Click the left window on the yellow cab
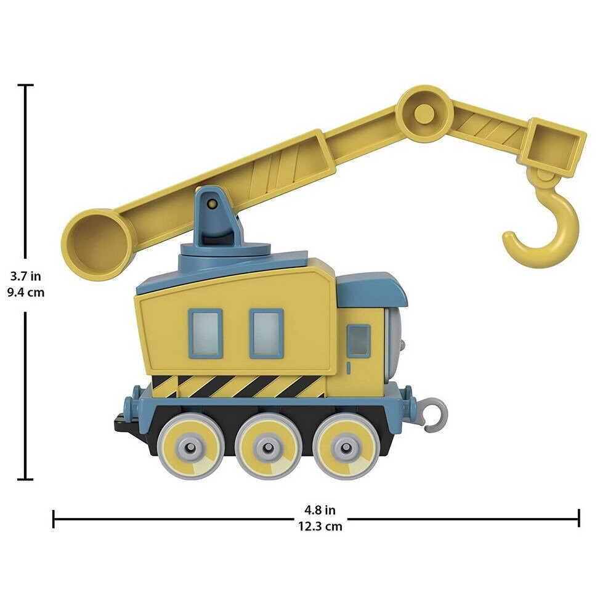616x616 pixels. [206, 333]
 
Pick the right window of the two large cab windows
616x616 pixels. [266, 333]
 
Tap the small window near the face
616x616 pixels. [359, 341]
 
